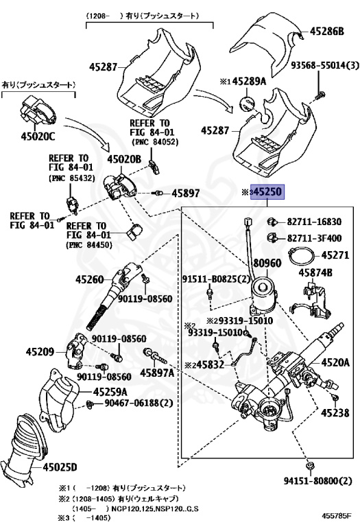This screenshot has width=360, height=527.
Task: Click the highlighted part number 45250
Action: [267, 192]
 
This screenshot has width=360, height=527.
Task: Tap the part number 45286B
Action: [326, 32]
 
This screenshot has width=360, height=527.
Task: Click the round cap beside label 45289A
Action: [248, 103]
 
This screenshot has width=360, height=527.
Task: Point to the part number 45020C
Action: [38, 136]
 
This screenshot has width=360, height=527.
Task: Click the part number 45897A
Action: [157, 373]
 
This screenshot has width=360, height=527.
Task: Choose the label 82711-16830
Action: [314, 222]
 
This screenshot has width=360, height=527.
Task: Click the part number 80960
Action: [267, 263]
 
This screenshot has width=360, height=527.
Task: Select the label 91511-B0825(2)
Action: [216, 279]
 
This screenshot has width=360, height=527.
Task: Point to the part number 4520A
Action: [335, 362]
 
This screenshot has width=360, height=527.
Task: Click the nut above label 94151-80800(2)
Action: [309, 466]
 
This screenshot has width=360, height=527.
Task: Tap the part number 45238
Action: [335, 412]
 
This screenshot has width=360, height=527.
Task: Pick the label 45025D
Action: [60, 467]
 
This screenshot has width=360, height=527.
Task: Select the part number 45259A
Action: [110, 392]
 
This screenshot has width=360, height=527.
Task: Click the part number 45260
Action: [90, 279]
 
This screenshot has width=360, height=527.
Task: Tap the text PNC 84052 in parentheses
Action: [154, 142]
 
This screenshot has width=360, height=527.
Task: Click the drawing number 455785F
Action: [337, 515]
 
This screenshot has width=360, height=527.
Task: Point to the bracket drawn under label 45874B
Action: [311, 300]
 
